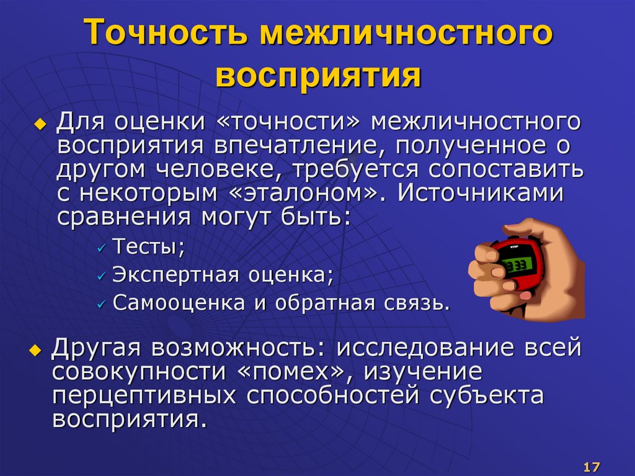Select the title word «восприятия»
point(317,77)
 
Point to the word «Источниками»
point(481,192)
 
